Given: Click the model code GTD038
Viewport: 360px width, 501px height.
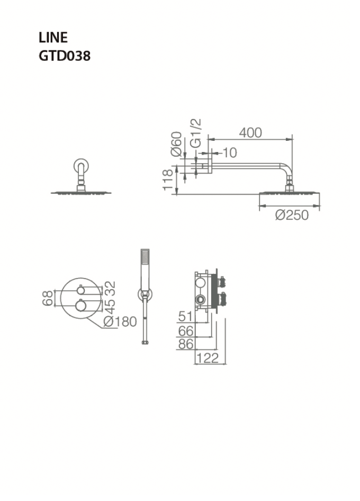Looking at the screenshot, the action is point(65,56).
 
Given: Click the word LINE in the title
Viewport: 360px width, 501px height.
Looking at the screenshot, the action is point(53,38).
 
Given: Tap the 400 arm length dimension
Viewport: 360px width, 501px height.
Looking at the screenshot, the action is point(250,132).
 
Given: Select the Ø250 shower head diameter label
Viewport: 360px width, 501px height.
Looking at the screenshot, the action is point(292,215).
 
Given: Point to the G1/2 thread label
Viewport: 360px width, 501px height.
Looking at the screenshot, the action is point(196,133).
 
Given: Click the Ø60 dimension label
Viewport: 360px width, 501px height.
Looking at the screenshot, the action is point(177,144).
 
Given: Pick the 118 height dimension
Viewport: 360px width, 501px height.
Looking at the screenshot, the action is point(168,180).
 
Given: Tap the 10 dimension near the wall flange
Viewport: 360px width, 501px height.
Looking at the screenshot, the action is point(229,153).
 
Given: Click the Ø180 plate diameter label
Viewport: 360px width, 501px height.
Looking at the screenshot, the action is point(120,321).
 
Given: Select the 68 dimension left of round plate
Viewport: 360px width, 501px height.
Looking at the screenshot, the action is point(48,298).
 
